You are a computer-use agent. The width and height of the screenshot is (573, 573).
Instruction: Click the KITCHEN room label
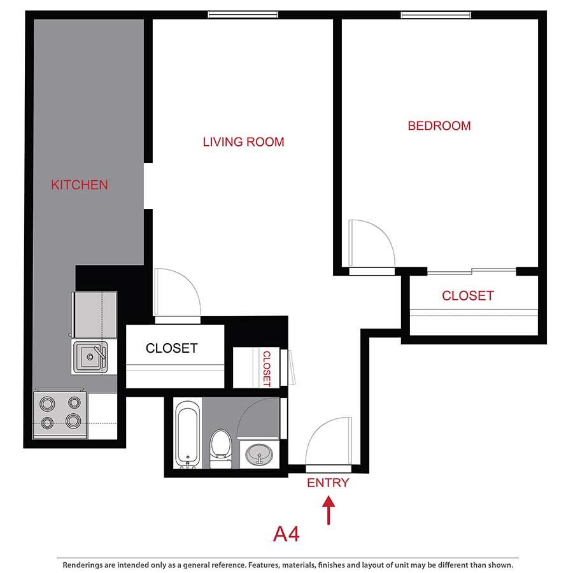[80, 185]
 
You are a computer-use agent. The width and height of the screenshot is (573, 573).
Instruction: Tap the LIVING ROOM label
[243, 142]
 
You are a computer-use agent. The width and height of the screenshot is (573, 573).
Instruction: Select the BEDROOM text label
[439, 126]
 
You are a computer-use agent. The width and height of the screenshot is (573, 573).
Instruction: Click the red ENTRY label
[328, 483]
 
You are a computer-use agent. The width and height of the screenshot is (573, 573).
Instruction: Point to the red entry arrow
[329, 511]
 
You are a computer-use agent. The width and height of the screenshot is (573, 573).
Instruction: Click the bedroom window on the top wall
[436, 15]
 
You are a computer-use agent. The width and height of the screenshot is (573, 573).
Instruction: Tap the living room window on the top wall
[243, 15]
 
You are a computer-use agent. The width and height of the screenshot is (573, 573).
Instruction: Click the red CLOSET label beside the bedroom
[468, 296]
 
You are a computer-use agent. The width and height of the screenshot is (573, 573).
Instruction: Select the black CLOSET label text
[171, 348]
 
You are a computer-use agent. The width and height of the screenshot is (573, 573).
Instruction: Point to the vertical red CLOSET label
[267, 369]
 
